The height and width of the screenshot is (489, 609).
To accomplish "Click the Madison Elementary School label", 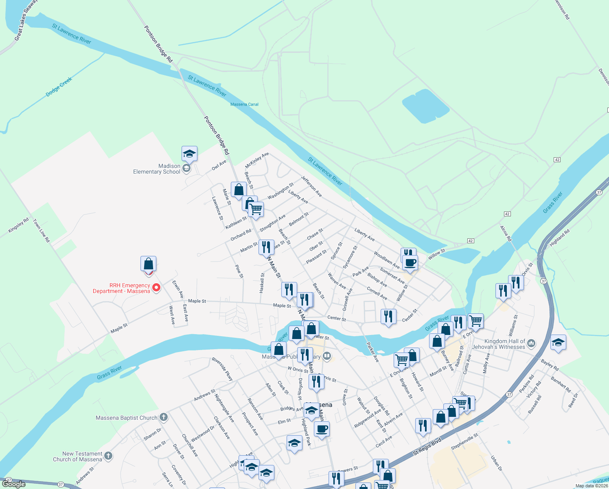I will (157, 169).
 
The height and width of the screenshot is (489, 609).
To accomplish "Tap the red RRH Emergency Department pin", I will (156, 289).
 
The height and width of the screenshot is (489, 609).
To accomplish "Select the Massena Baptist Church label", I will (127, 418).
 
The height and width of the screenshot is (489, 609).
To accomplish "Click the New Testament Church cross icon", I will (108, 456).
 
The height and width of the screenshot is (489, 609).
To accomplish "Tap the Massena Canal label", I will (244, 104).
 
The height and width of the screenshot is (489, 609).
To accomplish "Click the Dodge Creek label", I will (59, 87).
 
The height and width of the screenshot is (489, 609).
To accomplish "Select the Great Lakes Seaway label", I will (25, 20).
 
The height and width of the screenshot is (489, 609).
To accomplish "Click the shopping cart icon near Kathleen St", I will (256, 209).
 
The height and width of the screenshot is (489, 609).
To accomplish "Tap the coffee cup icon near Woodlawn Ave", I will (410, 262).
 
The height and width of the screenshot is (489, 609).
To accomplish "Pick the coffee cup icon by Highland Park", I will (322, 429).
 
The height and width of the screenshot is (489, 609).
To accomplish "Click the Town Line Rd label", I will (42, 231).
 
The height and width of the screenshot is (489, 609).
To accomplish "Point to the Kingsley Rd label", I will (18, 225).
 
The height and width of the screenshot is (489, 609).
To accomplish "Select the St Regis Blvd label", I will (427, 447).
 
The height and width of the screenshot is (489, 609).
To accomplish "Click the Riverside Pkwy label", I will (222, 369).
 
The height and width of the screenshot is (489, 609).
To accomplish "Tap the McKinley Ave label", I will (257, 161).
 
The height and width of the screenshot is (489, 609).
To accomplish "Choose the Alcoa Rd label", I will (506, 233).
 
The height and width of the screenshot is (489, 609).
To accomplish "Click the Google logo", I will (14, 484).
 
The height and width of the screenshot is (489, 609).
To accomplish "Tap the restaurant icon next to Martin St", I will (266, 247).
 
